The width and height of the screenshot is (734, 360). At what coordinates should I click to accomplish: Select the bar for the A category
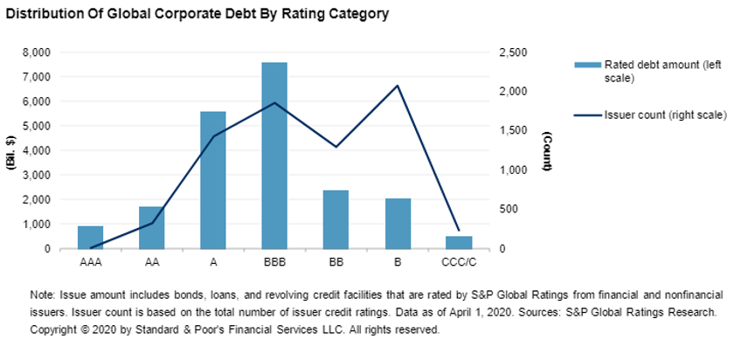213,180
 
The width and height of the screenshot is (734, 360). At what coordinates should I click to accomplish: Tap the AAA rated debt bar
90,237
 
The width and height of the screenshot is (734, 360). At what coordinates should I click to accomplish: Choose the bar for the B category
398,224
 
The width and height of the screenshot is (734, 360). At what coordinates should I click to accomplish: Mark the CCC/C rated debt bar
459,242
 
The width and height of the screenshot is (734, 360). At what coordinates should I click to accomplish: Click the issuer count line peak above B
398,86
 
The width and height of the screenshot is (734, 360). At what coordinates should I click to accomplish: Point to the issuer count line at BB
336,147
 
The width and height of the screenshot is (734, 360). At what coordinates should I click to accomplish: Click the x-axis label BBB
274,260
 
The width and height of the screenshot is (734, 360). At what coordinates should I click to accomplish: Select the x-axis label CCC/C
459,260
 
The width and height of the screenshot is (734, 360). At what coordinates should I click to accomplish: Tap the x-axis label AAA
90,260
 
